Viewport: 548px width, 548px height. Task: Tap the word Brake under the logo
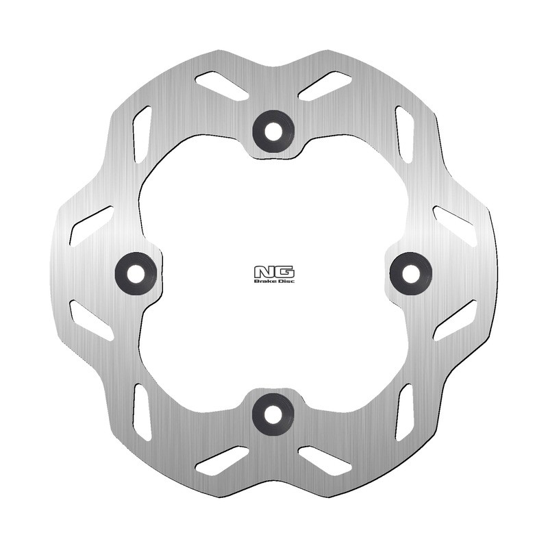click(264, 281)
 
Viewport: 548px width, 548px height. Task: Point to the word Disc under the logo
click(285, 281)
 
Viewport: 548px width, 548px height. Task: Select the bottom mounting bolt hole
click(273, 413)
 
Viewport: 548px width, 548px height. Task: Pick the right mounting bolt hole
click(411, 273)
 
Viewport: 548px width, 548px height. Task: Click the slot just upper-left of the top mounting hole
click(221, 86)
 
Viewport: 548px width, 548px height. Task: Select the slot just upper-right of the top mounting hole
click(325, 86)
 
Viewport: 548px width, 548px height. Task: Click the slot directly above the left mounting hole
click(90, 224)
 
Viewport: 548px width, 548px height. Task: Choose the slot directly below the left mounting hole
click(91, 320)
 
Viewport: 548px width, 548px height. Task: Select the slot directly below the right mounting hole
click(456, 320)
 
